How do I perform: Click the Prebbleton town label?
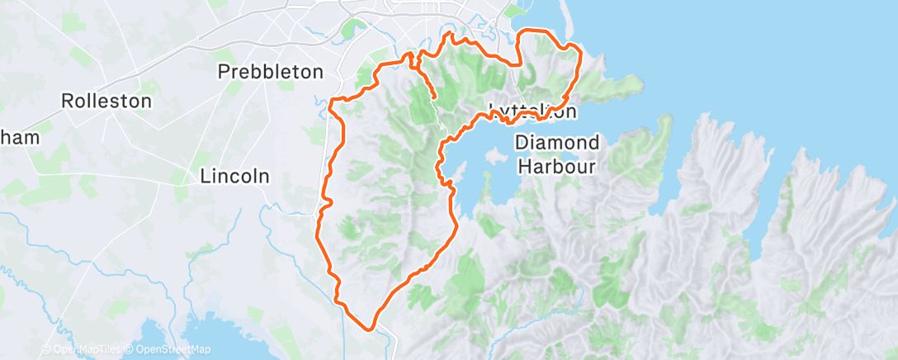[270, 72]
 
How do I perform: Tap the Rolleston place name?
[106, 102]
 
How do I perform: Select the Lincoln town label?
[235, 176]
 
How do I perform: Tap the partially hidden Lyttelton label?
[532, 110]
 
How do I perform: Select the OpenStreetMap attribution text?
[168, 350]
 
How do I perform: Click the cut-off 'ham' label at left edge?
[20, 138]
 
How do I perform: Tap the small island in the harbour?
[496, 154]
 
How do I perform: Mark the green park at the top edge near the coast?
[515, 10]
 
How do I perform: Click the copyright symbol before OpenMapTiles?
[45, 350]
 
